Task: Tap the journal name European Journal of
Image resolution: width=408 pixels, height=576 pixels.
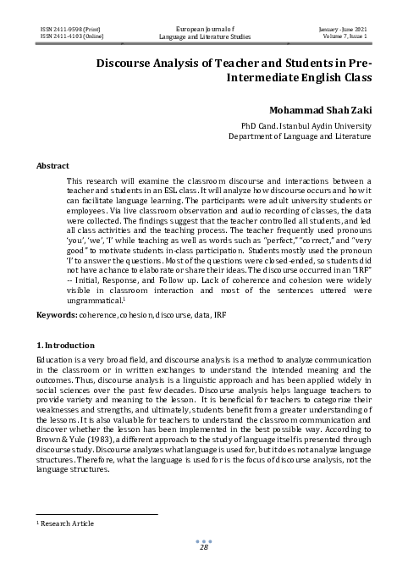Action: pyautogui.click(x=203, y=29)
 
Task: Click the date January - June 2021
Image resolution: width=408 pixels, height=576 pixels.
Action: pyautogui.click(x=342, y=29)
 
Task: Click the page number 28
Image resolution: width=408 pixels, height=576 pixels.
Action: pyautogui.click(x=203, y=549)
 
